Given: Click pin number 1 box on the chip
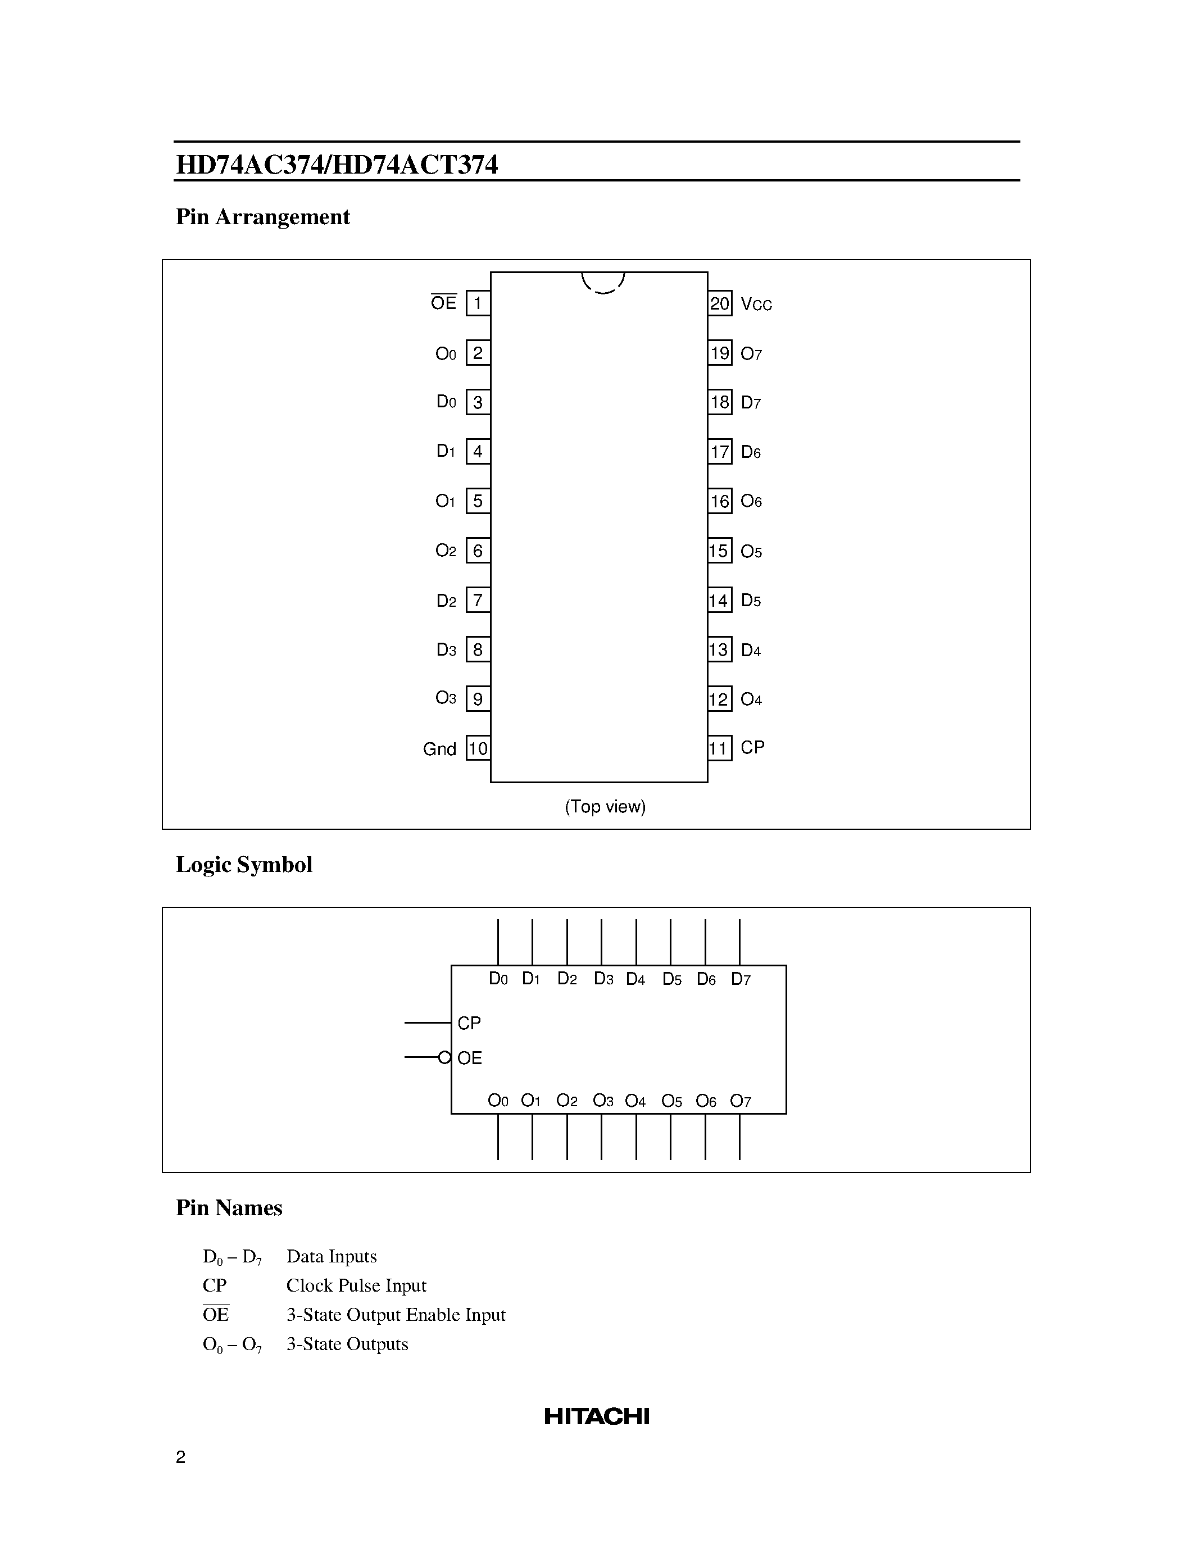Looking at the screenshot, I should (478, 303).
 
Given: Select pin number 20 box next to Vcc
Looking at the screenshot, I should (719, 304).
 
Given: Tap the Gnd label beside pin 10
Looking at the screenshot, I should (439, 749).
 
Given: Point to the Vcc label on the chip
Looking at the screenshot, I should (756, 304).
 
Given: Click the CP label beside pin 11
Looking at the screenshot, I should (752, 748).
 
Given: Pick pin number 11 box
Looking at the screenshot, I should (719, 748).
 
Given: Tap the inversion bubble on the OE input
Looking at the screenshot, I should (444, 1057).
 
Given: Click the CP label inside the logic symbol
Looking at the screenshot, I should (469, 1023).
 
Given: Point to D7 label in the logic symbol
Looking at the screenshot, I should (741, 979).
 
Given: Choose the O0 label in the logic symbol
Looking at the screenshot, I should (498, 1101).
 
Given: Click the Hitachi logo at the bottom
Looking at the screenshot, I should (596, 1416).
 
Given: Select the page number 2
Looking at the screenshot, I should (180, 1457).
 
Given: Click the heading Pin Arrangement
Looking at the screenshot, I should (262, 216).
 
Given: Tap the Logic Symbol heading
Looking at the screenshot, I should (244, 865).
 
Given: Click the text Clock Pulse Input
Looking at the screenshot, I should (356, 1285).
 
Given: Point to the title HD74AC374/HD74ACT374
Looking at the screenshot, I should (337, 165).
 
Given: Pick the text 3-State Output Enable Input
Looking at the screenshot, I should (396, 1315).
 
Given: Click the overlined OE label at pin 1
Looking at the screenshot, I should (443, 303).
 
